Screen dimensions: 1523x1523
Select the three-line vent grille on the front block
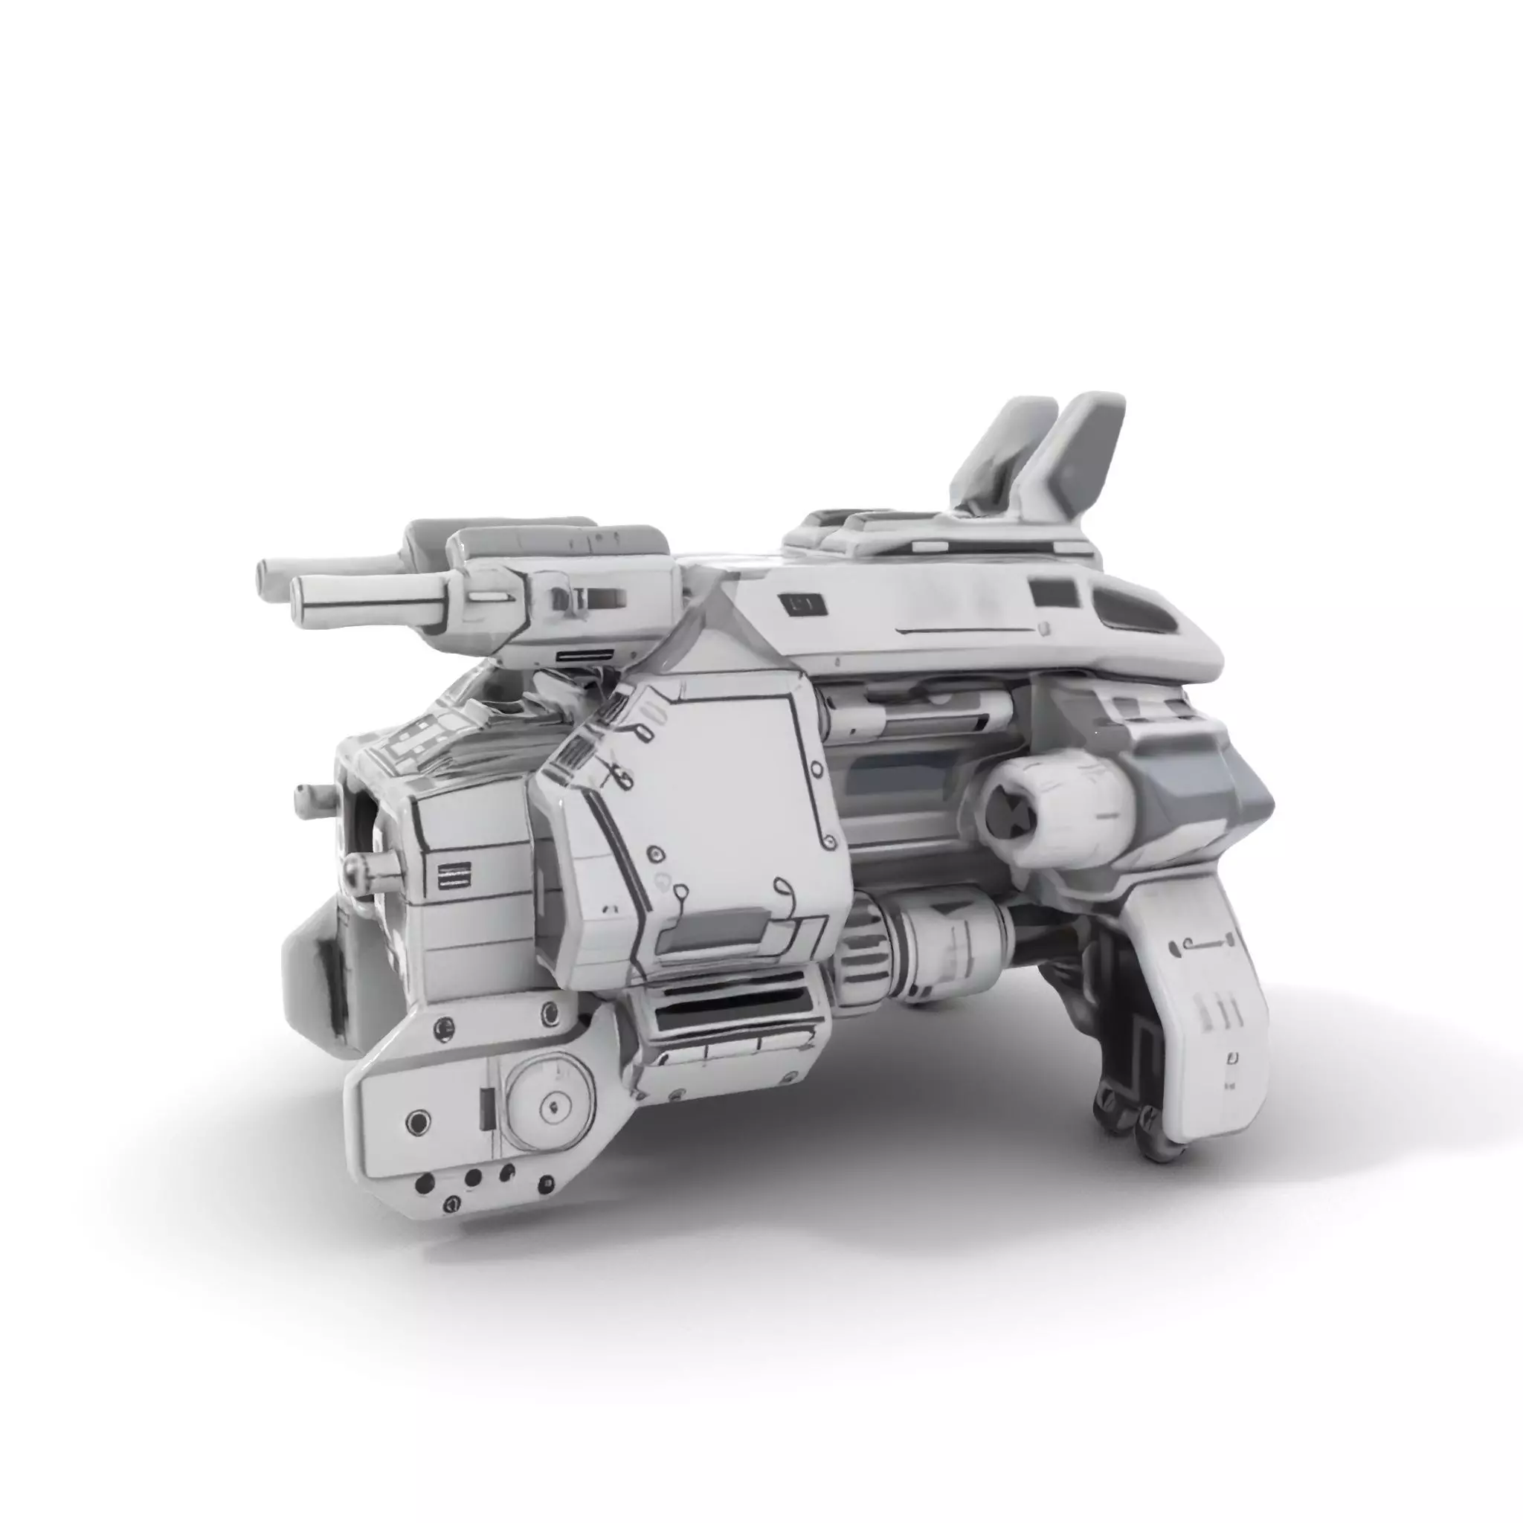(x=454, y=875)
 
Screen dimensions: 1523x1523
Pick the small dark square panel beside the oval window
(x=1054, y=592)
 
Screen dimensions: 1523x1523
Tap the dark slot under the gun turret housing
(x=585, y=655)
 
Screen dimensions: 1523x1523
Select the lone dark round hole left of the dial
(x=418, y=1121)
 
